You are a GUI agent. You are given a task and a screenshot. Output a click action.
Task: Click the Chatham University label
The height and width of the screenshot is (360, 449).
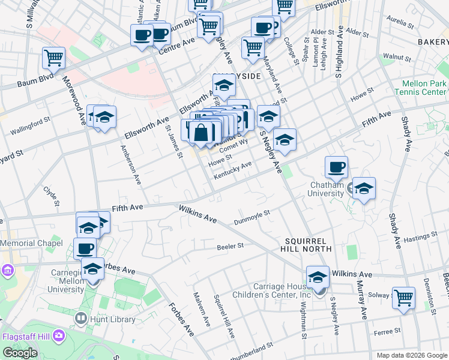(x=327, y=189)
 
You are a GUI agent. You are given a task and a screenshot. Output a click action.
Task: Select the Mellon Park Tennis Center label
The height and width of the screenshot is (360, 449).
(x=420, y=88)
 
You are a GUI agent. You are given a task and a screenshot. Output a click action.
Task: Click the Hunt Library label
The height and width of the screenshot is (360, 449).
(x=113, y=319)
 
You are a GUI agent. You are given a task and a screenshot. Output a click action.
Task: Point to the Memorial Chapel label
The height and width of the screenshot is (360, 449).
(x=31, y=243)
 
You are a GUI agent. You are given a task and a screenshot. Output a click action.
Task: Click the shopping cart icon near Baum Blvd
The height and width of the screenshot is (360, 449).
(x=53, y=59)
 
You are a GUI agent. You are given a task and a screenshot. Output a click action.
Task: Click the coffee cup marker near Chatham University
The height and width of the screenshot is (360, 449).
(x=336, y=166)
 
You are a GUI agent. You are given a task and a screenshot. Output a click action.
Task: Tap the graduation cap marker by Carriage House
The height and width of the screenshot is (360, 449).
(x=318, y=277)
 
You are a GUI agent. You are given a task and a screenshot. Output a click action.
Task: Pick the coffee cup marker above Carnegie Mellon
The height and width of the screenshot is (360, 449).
(x=85, y=248)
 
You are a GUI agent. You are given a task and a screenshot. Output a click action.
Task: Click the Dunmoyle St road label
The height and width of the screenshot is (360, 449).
(x=253, y=216)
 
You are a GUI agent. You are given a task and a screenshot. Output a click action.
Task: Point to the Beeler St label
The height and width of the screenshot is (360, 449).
(x=231, y=246)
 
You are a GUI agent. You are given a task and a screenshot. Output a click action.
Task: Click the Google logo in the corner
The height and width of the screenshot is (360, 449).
(x=20, y=352)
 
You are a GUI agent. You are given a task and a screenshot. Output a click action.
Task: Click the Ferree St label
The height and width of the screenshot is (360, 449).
(x=388, y=331)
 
